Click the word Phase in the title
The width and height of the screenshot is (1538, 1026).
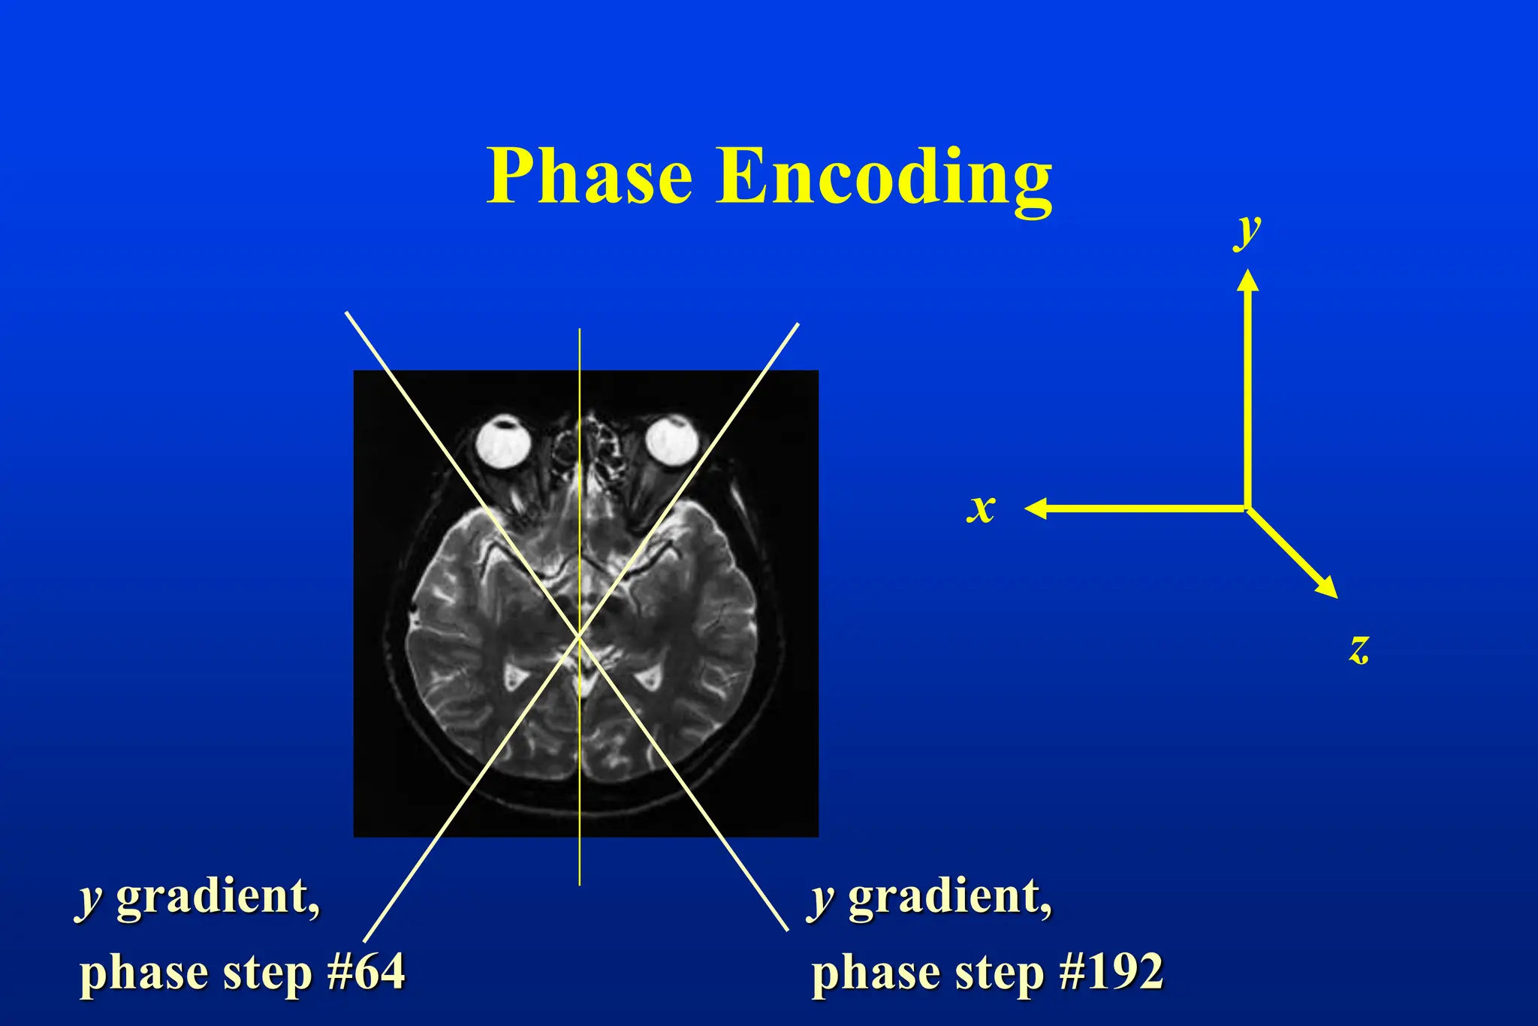[x=590, y=177]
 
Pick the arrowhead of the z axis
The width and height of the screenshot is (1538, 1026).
[x=1329, y=590]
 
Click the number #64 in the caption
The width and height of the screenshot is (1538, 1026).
[x=366, y=971]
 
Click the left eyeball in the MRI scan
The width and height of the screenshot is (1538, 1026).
[x=504, y=442]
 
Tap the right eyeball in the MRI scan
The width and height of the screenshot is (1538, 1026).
[x=672, y=440]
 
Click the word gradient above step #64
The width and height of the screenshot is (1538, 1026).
[x=218, y=898]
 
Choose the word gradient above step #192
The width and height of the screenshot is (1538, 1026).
[x=950, y=898]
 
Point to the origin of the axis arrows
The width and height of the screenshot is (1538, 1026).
[x=1247, y=508]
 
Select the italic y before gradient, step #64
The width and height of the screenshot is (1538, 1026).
[x=90, y=899]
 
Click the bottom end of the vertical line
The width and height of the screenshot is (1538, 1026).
[x=579, y=884]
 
